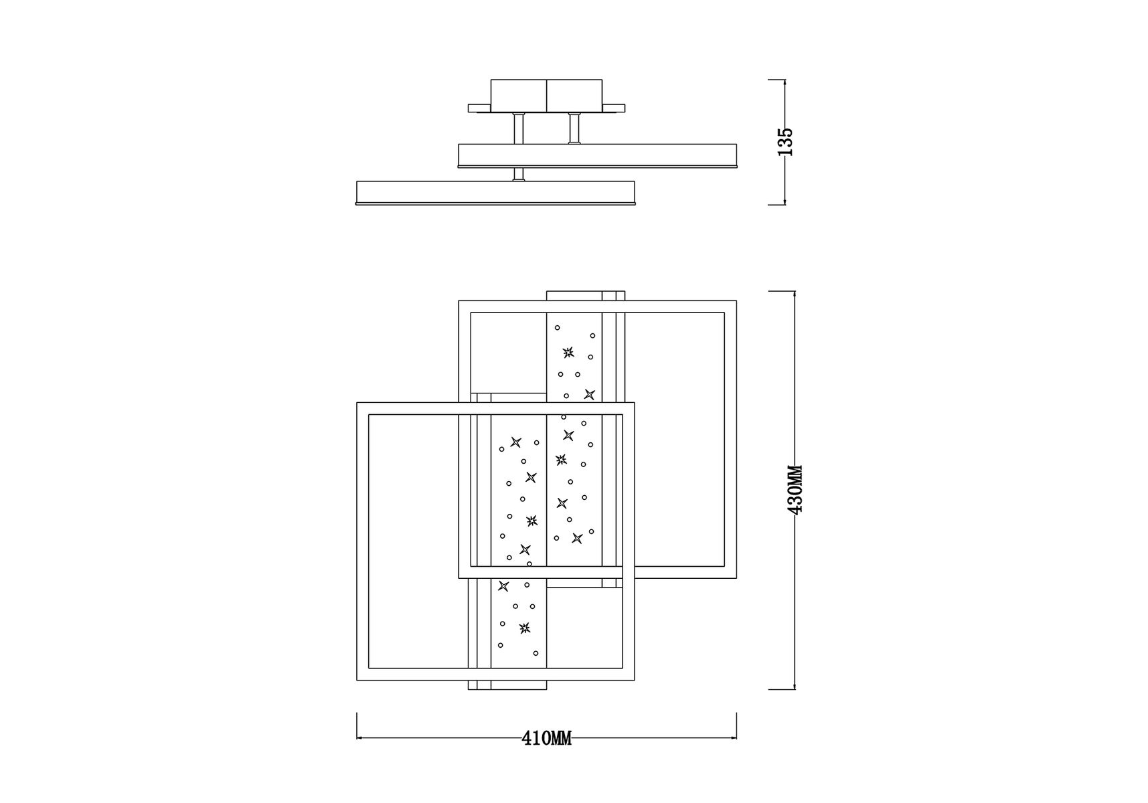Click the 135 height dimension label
[x=787, y=142]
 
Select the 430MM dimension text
[x=796, y=490]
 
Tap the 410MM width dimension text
[x=547, y=739]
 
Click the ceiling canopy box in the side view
[x=547, y=96]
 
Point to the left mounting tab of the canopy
[x=479, y=107]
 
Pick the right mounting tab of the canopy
[x=614, y=107]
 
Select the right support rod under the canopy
[x=573, y=128]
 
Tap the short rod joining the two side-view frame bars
[x=518, y=174]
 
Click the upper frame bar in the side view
[x=597, y=155]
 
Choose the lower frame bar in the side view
[x=495, y=193]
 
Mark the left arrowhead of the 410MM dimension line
[x=360, y=738]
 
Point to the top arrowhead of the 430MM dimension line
[x=795, y=295]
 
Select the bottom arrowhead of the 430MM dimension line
[x=795, y=685]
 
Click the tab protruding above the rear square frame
[x=586, y=296]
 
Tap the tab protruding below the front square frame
[x=507, y=685]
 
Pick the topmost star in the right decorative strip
[x=568, y=353]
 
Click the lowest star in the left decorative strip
[x=524, y=628]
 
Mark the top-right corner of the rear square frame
[x=736, y=301]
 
